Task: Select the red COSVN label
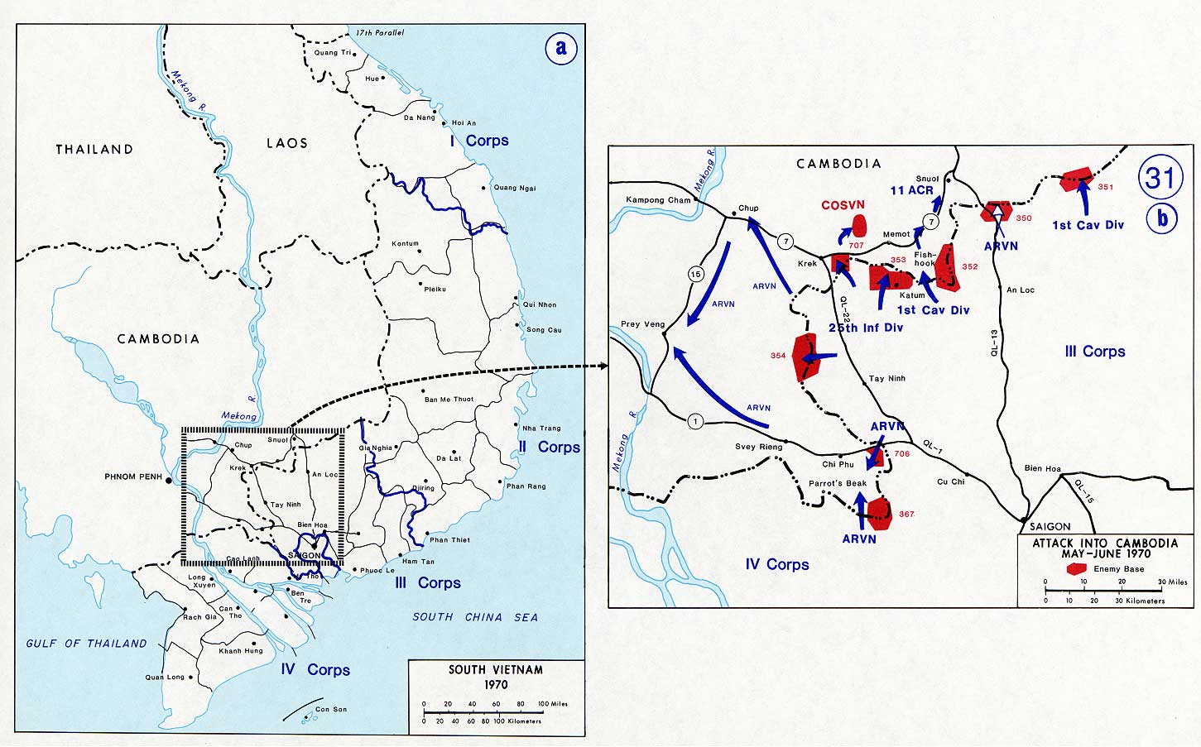(843, 204)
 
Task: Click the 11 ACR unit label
(911, 190)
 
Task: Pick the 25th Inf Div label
(865, 328)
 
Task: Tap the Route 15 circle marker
(696, 274)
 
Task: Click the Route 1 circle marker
(695, 422)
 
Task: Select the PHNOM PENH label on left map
(134, 477)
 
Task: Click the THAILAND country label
(94, 150)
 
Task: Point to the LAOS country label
(286, 143)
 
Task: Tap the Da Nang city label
(419, 117)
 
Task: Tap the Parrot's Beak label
(838, 483)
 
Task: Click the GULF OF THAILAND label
(86, 644)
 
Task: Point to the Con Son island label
(331, 709)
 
